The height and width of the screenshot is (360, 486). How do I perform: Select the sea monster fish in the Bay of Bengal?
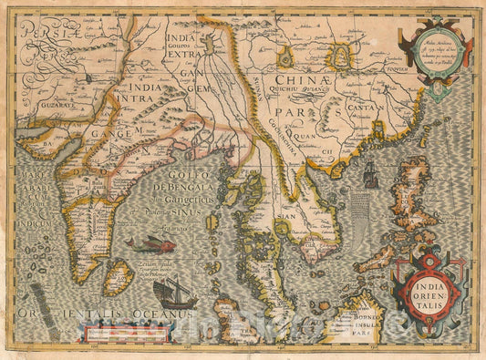click(x=150, y=243)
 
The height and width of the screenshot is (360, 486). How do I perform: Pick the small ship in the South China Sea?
click(x=370, y=176)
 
